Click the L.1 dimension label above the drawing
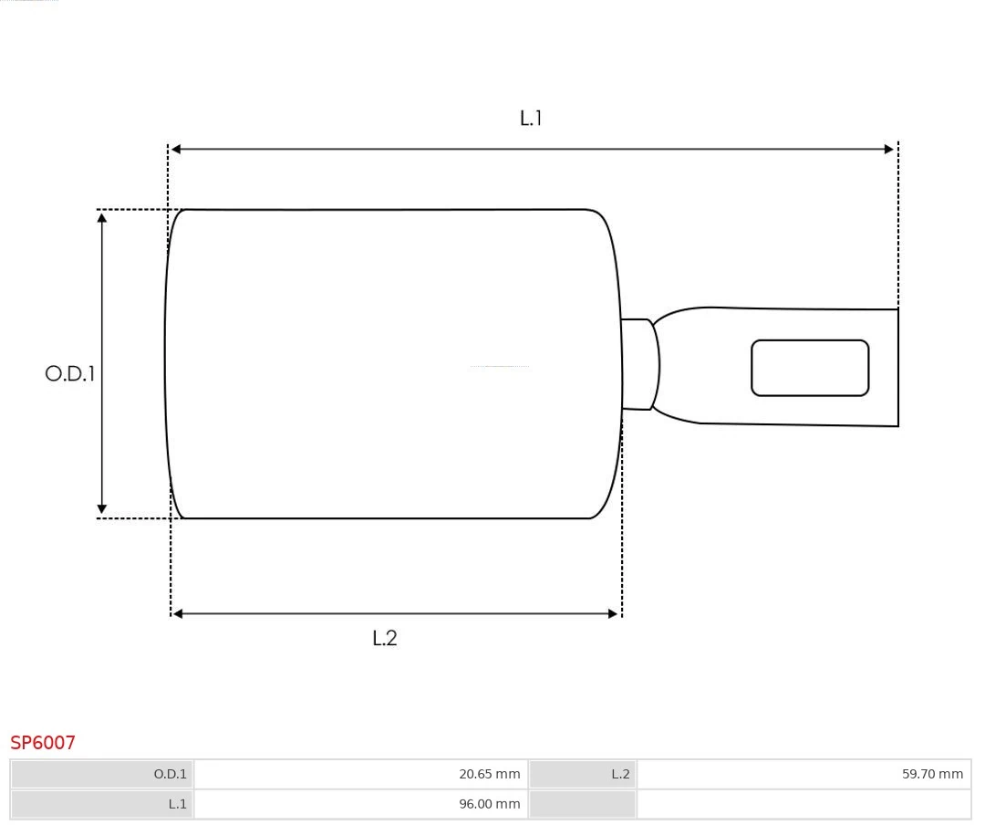point(531,118)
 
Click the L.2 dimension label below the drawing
point(385,638)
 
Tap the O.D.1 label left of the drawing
point(70,373)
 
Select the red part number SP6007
point(43,743)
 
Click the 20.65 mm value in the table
point(489,774)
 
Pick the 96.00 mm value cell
point(489,804)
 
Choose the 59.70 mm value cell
point(932,774)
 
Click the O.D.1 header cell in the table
point(170,774)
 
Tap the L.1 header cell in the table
point(177,804)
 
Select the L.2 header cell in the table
point(620,774)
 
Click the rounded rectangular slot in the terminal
point(810,368)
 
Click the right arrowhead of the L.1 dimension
point(889,149)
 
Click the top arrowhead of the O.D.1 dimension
point(102,217)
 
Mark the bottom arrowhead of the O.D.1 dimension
point(102,509)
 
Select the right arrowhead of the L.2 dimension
point(613,614)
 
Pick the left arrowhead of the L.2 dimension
point(178,614)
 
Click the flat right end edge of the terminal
point(897,367)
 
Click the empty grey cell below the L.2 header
point(582,804)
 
